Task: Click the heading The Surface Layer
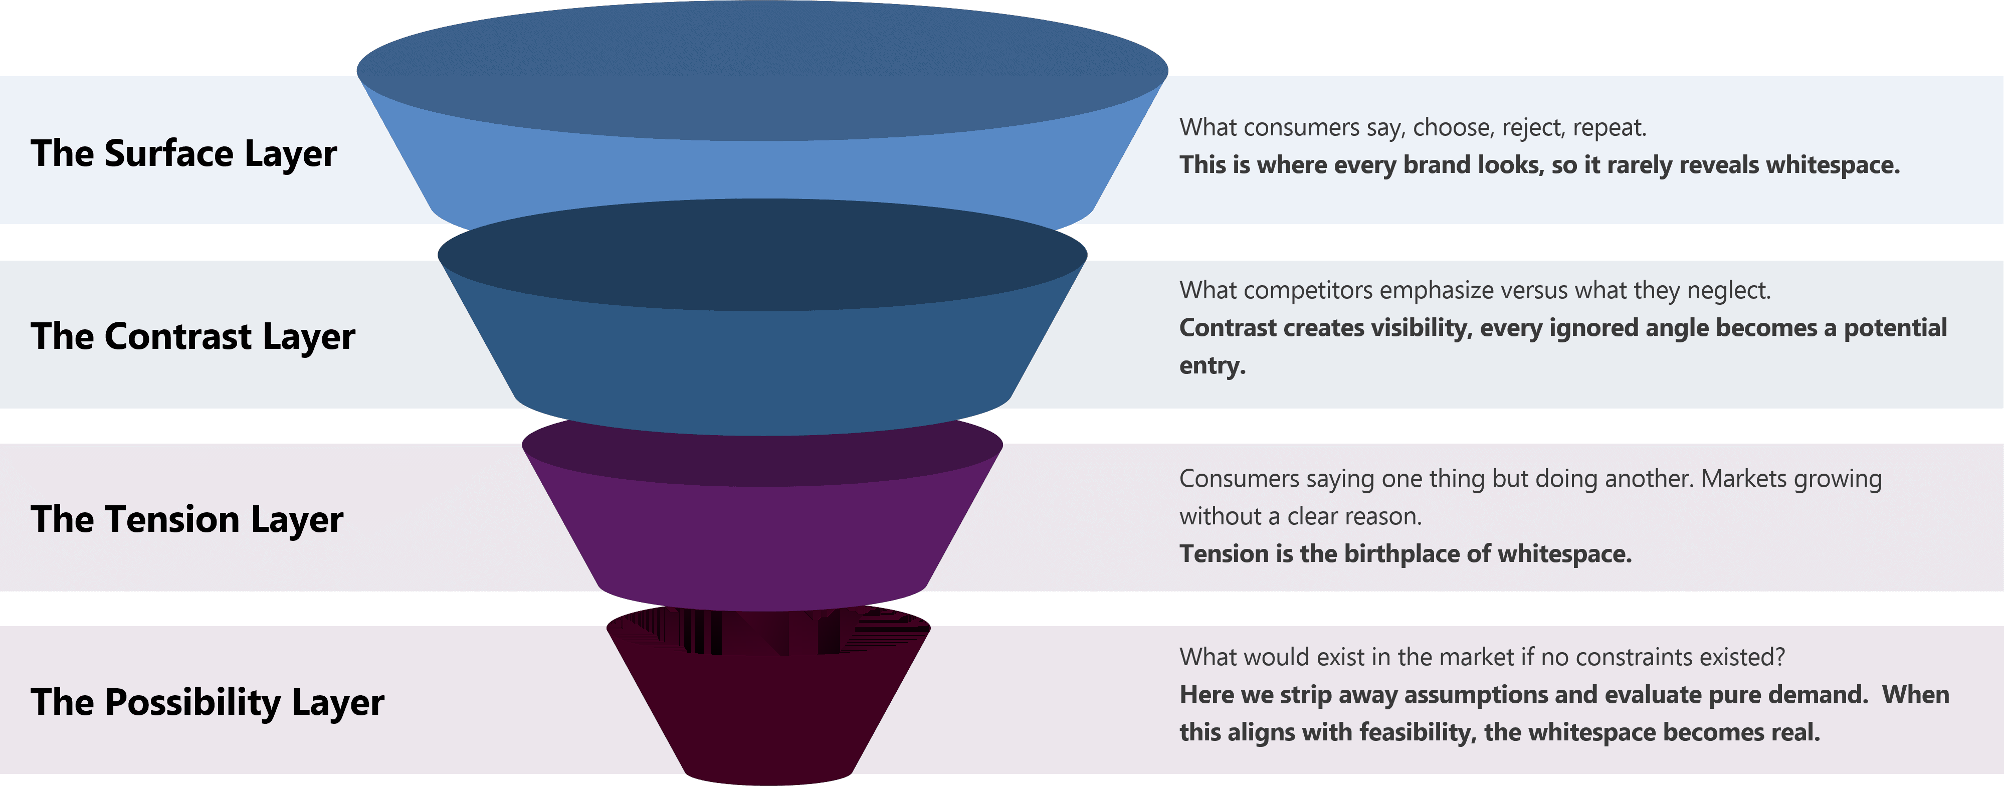pyautogui.click(x=183, y=153)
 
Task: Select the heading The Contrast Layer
pyautogui.click(x=193, y=336)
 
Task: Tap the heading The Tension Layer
pyautogui.click(x=186, y=519)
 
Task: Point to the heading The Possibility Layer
pyautogui.click(x=207, y=702)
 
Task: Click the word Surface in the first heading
pyautogui.click(x=169, y=153)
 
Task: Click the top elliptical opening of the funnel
pyautogui.click(x=762, y=70)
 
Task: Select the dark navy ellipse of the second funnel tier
pyautogui.click(x=762, y=255)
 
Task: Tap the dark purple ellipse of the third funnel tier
pyautogui.click(x=762, y=455)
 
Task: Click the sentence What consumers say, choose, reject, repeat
pyautogui.click(x=1413, y=127)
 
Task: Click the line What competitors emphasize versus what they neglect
pyautogui.click(x=1475, y=290)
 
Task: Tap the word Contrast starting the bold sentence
pyautogui.click(x=1229, y=328)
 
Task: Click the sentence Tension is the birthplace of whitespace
pyautogui.click(x=1405, y=553)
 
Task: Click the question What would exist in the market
pyautogui.click(x=1482, y=657)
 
